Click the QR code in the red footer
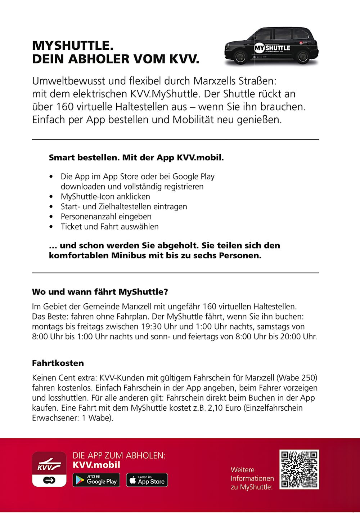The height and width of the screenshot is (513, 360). [299, 469]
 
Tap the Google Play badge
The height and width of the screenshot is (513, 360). [96, 480]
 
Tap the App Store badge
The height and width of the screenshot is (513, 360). [147, 480]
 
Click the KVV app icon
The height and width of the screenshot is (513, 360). [49, 469]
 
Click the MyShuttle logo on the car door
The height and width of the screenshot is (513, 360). [272, 48]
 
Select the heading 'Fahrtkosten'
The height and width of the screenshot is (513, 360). [58, 363]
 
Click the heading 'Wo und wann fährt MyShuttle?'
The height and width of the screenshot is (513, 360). [100, 291]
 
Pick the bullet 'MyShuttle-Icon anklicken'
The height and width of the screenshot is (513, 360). [105, 197]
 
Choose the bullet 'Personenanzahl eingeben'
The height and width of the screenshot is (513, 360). [106, 217]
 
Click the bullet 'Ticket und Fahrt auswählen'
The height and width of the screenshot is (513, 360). [109, 227]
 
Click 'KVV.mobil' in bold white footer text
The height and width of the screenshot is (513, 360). [96, 465]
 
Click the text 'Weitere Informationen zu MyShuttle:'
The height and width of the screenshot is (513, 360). [252, 478]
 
